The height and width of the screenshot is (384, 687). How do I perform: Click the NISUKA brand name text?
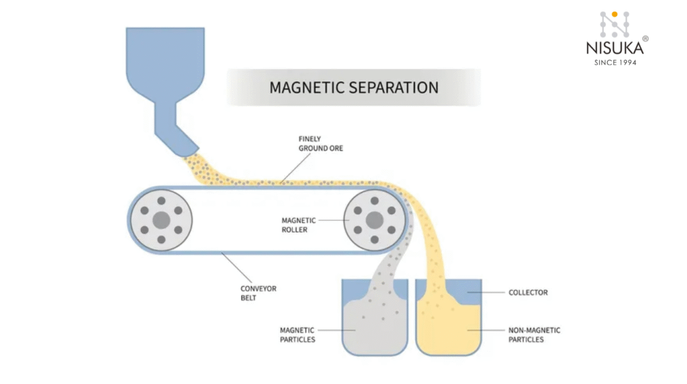pyautogui.click(x=614, y=49)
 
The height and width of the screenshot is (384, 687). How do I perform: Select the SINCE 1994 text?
pyautogui.click(x=614, y=62)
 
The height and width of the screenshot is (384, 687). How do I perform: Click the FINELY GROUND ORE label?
pyautogui.click(x=321, y=143)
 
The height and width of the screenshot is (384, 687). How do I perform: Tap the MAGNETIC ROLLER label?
pyautogui.click(x=298, y=225)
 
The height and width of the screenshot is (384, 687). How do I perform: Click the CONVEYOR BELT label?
pyautogui.click(x=258, y=293)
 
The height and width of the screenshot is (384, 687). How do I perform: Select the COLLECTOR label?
pyautogui.click(x=528, y=293)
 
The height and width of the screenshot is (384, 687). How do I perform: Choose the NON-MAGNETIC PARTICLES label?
pyautogui.click(x=534, y=335)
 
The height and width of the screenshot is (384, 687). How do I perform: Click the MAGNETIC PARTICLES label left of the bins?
pyautogui.click(x=297, y=335)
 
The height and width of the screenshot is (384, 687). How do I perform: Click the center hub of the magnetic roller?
pyautogui.click(x=374, y=219)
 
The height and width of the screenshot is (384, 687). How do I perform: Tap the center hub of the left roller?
pyautogui.click(x=161, y=219)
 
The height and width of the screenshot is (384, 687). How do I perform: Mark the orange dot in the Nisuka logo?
pyautogui.click(x=614, y=14)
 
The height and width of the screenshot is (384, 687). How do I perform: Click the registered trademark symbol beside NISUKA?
pyautogui.click(x=645, y=39)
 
